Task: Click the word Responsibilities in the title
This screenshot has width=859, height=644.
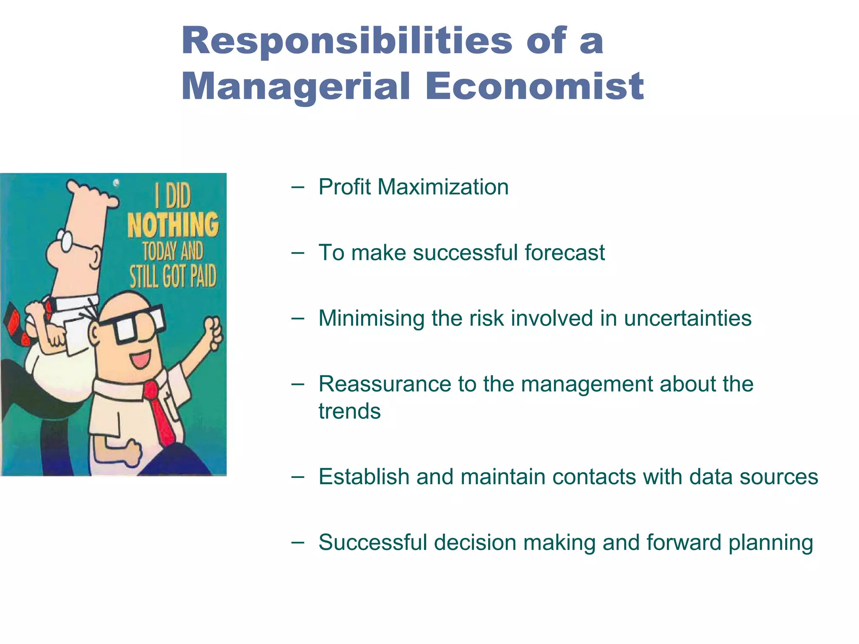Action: click(x=347, y=41)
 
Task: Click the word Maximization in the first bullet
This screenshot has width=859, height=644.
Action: click(x=443, y=187)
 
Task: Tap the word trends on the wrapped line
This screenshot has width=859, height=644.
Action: click(x=349, y=411)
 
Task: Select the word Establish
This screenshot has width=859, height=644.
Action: click(x=364, y=477)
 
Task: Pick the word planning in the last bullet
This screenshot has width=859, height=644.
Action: click(x=770, y=543)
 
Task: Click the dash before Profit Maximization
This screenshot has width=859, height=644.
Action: click(x=297, y=187)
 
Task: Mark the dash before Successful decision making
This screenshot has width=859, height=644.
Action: click(x=297, y=543)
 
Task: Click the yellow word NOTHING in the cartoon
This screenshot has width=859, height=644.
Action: click(x=173, y=225)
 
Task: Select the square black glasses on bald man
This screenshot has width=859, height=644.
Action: click(x=134, y=324)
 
